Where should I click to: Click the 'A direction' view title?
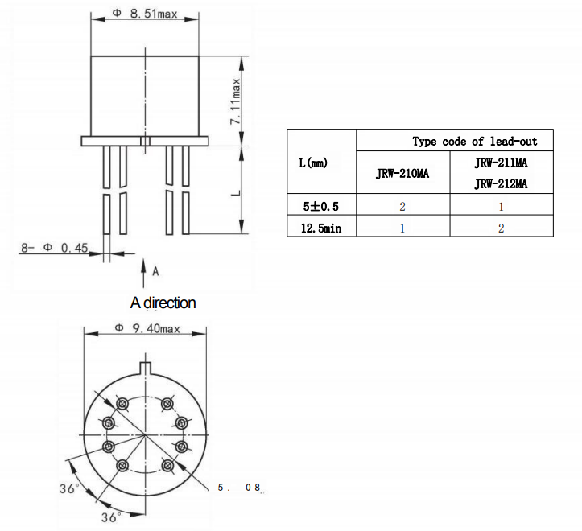[163, 303]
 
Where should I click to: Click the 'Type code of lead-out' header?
[474, 141]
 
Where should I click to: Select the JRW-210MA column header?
[402, 173]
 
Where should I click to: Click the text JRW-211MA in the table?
[501, 163]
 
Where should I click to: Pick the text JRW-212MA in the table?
[501, 183]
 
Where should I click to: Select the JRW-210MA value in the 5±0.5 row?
[402, 207]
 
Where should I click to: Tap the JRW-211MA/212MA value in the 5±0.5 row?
[501, 207]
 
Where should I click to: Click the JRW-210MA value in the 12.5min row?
[402, 228]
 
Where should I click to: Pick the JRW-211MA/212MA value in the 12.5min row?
[501, 228]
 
